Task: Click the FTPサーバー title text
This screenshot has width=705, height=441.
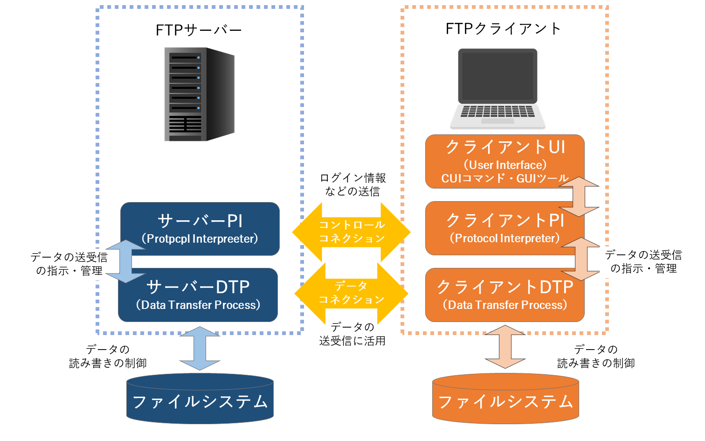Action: [199, 30]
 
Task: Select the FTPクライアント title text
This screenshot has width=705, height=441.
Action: [503, 29]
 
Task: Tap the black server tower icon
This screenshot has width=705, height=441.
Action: [199, 94]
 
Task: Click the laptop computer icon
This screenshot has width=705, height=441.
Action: [498, 89]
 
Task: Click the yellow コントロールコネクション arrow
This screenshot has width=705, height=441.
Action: [352, 232]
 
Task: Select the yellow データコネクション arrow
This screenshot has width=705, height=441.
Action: [352, 293]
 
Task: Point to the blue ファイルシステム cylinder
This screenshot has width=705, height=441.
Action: [200, 400]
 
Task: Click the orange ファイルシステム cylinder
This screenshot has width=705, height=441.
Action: [505, 400]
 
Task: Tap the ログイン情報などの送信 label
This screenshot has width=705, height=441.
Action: [352, 185]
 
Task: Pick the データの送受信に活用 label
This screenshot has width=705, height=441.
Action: [352, 334]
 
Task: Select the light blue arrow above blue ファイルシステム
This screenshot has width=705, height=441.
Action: [200, 348]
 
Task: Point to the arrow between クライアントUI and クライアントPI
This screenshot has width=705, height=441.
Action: [579, 196]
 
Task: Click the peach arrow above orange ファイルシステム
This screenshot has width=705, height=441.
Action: [505, 347]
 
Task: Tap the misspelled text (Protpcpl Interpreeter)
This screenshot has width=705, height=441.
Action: [200, 239]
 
